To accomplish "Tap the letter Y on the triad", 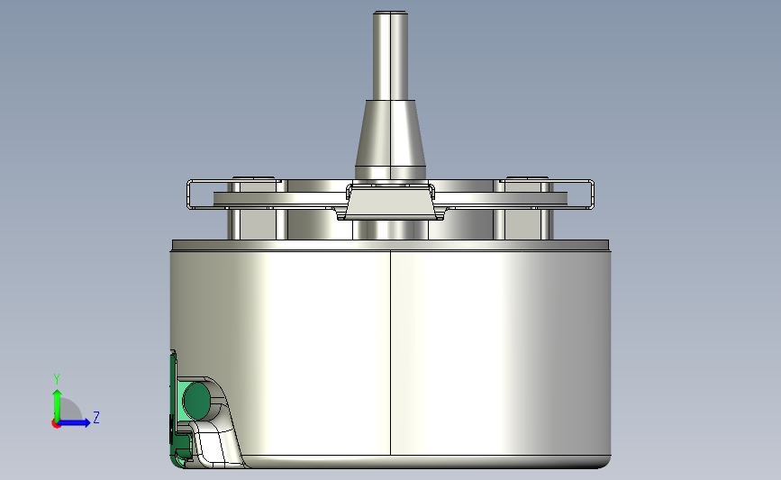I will pos(56,379).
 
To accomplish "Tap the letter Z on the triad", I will pos(95,418).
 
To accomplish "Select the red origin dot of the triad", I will pos(56,423).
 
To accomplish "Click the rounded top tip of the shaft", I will pos(390,13).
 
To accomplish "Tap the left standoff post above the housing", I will pos(252,222).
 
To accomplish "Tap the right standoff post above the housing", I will pos(526,222).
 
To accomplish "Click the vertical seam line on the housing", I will pos(390,351).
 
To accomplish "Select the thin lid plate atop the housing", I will pos(390,245).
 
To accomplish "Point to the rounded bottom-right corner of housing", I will pos(604,459).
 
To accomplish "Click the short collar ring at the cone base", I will pos(390,172).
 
